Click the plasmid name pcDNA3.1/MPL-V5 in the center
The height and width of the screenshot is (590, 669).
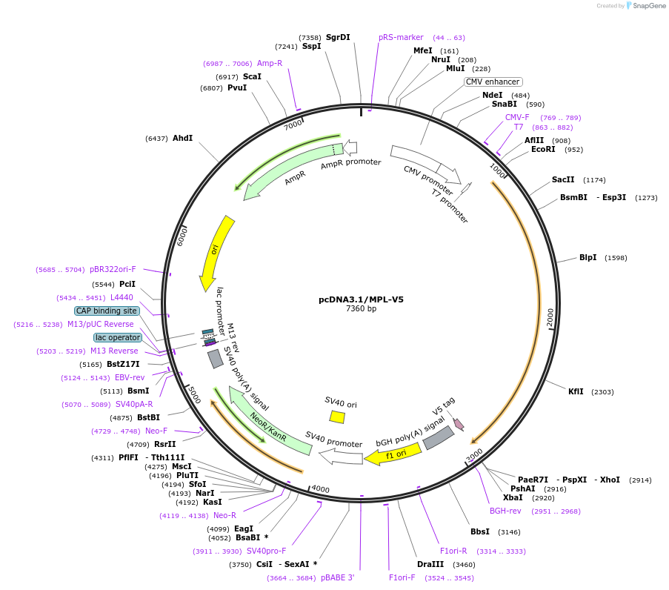coord(361,299)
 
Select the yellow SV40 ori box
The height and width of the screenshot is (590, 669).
coord(337,417)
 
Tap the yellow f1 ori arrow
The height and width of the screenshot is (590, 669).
coord(393,454)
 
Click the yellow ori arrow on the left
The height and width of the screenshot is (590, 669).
coord(216,253)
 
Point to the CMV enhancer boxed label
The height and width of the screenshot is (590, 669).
coord(493,82)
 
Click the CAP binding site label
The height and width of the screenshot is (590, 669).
coord(106,311)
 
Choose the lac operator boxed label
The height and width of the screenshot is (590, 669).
coord(117,337)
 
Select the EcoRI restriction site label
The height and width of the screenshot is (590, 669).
coord(543,149)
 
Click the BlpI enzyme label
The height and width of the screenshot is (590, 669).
coord(588,258)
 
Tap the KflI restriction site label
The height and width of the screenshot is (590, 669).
coord(576,391)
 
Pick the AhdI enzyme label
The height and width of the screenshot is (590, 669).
coord(182,138)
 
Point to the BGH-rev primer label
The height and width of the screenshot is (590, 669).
coord(505,511)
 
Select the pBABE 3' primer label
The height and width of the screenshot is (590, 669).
coord(338,577)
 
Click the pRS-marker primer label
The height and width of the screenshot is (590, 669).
coord(401,37)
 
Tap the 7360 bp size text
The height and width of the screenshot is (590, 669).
coord(361,309)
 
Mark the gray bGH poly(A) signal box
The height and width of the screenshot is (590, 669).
coord(438,437)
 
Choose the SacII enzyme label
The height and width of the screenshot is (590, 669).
coord(563,179)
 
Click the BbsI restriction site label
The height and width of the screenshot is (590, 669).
coord(480,531)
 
